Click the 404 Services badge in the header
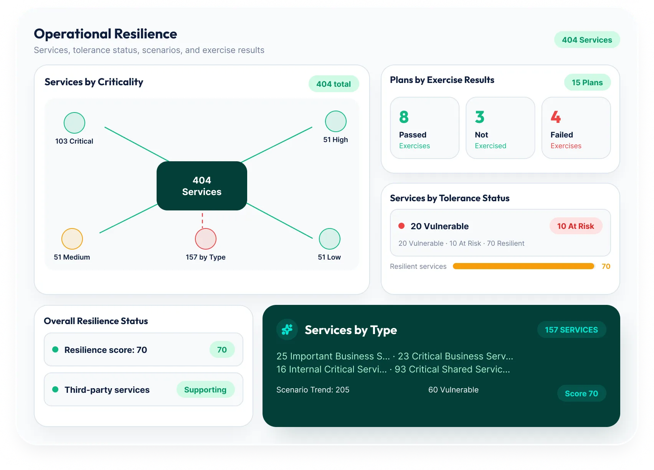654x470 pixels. pyautogui.click(x=587, y=40)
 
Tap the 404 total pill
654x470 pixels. pyautogui.click(x=334, y=84)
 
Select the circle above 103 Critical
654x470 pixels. pyautogui.click(x=74, y=123)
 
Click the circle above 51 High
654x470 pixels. pyautogui.click(x=335, y=121)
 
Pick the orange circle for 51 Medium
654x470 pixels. pyautogui.click(x=72, y=239)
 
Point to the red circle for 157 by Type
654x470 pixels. pyautogui.click(x=206, y=239)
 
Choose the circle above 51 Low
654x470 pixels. pyautogui.click(x=329, y=239)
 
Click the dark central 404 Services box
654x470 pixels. pyautogui.click(x=202, y=186)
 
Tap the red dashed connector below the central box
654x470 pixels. pyautogui.click(x=202, y=220)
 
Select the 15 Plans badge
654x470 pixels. pyautogui.click(x=587, y=83)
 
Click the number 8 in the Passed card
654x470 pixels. pyautogui.click(x=404, y=117)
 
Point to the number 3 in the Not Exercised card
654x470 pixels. pyautogui.click(x=479, y=117)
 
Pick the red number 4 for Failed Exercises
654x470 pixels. pyautogui.click(x=556, y=117)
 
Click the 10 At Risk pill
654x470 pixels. pyautogui.click(x=575, y=226)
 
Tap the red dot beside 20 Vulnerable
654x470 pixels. pyautogui.click(x=401, y=226)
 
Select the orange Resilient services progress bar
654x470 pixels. pyautogui.click(x=523, y=266)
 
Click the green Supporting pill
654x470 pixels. pyautogui.click(x=205, y=389)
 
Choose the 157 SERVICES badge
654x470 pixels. pyautogui.click(x=571, y=330)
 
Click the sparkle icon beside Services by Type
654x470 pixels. pyautogui.click(x=287, y=329)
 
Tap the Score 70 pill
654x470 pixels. pyautogui.click(x=581, y=393)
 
